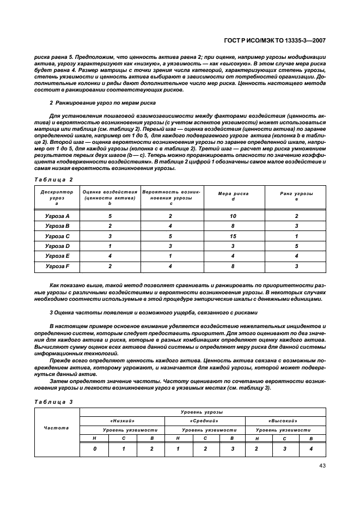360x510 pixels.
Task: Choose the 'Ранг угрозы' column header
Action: (296, 195)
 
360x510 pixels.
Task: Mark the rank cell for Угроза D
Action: (296, 246)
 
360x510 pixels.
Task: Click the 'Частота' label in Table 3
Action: (57, 428)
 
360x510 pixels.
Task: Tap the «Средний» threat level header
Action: (204, 421)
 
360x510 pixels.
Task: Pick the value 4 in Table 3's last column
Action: (311, 448)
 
